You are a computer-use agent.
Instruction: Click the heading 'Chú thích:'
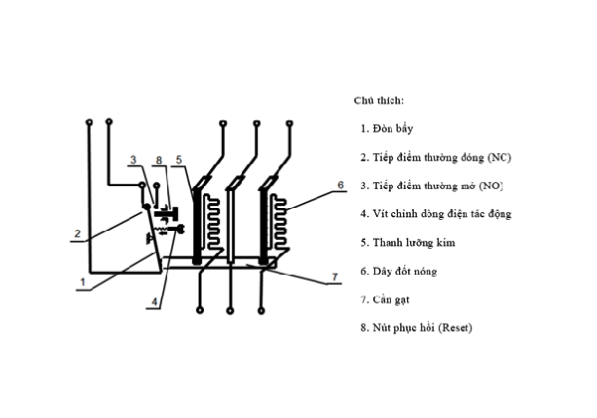tap(379, 101)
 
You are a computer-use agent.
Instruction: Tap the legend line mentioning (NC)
tap(436, 157)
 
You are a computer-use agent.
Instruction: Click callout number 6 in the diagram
tap(340, 185)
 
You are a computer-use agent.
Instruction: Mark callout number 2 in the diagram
tap(76, 236)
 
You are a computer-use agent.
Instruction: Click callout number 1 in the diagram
tap(84, 283)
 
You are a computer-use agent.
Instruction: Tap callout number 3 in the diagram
tap(132, 161)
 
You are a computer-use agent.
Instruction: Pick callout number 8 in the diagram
tap(159, 161)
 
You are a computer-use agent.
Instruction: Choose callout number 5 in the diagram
tap(178, 161)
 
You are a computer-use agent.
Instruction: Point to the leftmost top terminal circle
tap(90, 123)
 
